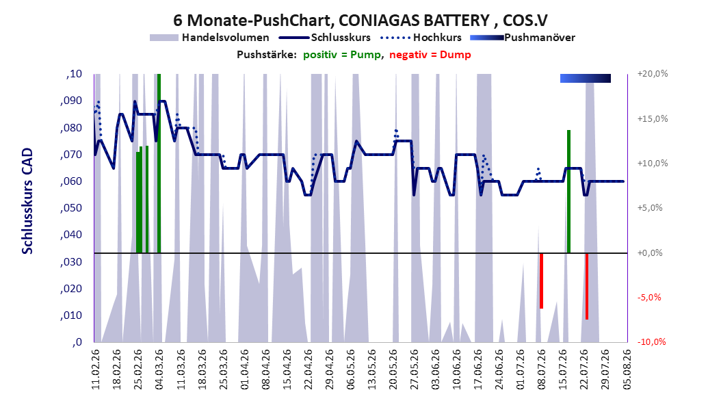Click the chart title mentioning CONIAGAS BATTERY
point(360,21)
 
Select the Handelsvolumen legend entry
point(209,38)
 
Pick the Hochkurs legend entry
point(421,38)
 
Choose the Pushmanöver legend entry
point(523,38)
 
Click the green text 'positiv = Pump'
point(342,55)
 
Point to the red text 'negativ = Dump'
point(430,55)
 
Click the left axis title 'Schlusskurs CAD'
point(27,201)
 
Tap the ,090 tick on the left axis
point(71,101)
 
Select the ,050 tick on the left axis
point(71,208)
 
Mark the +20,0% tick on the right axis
point(653,74)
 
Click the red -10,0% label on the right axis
point(651,341)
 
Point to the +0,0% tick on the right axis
point(650,253)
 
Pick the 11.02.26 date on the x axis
point(96,370)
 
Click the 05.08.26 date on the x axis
point(627,370)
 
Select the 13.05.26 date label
point(372,370)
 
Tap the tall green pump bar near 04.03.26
point(159,164)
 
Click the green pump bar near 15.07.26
point(569,192)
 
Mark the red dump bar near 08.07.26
point(542,281)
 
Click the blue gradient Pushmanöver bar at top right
point(586,78)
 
